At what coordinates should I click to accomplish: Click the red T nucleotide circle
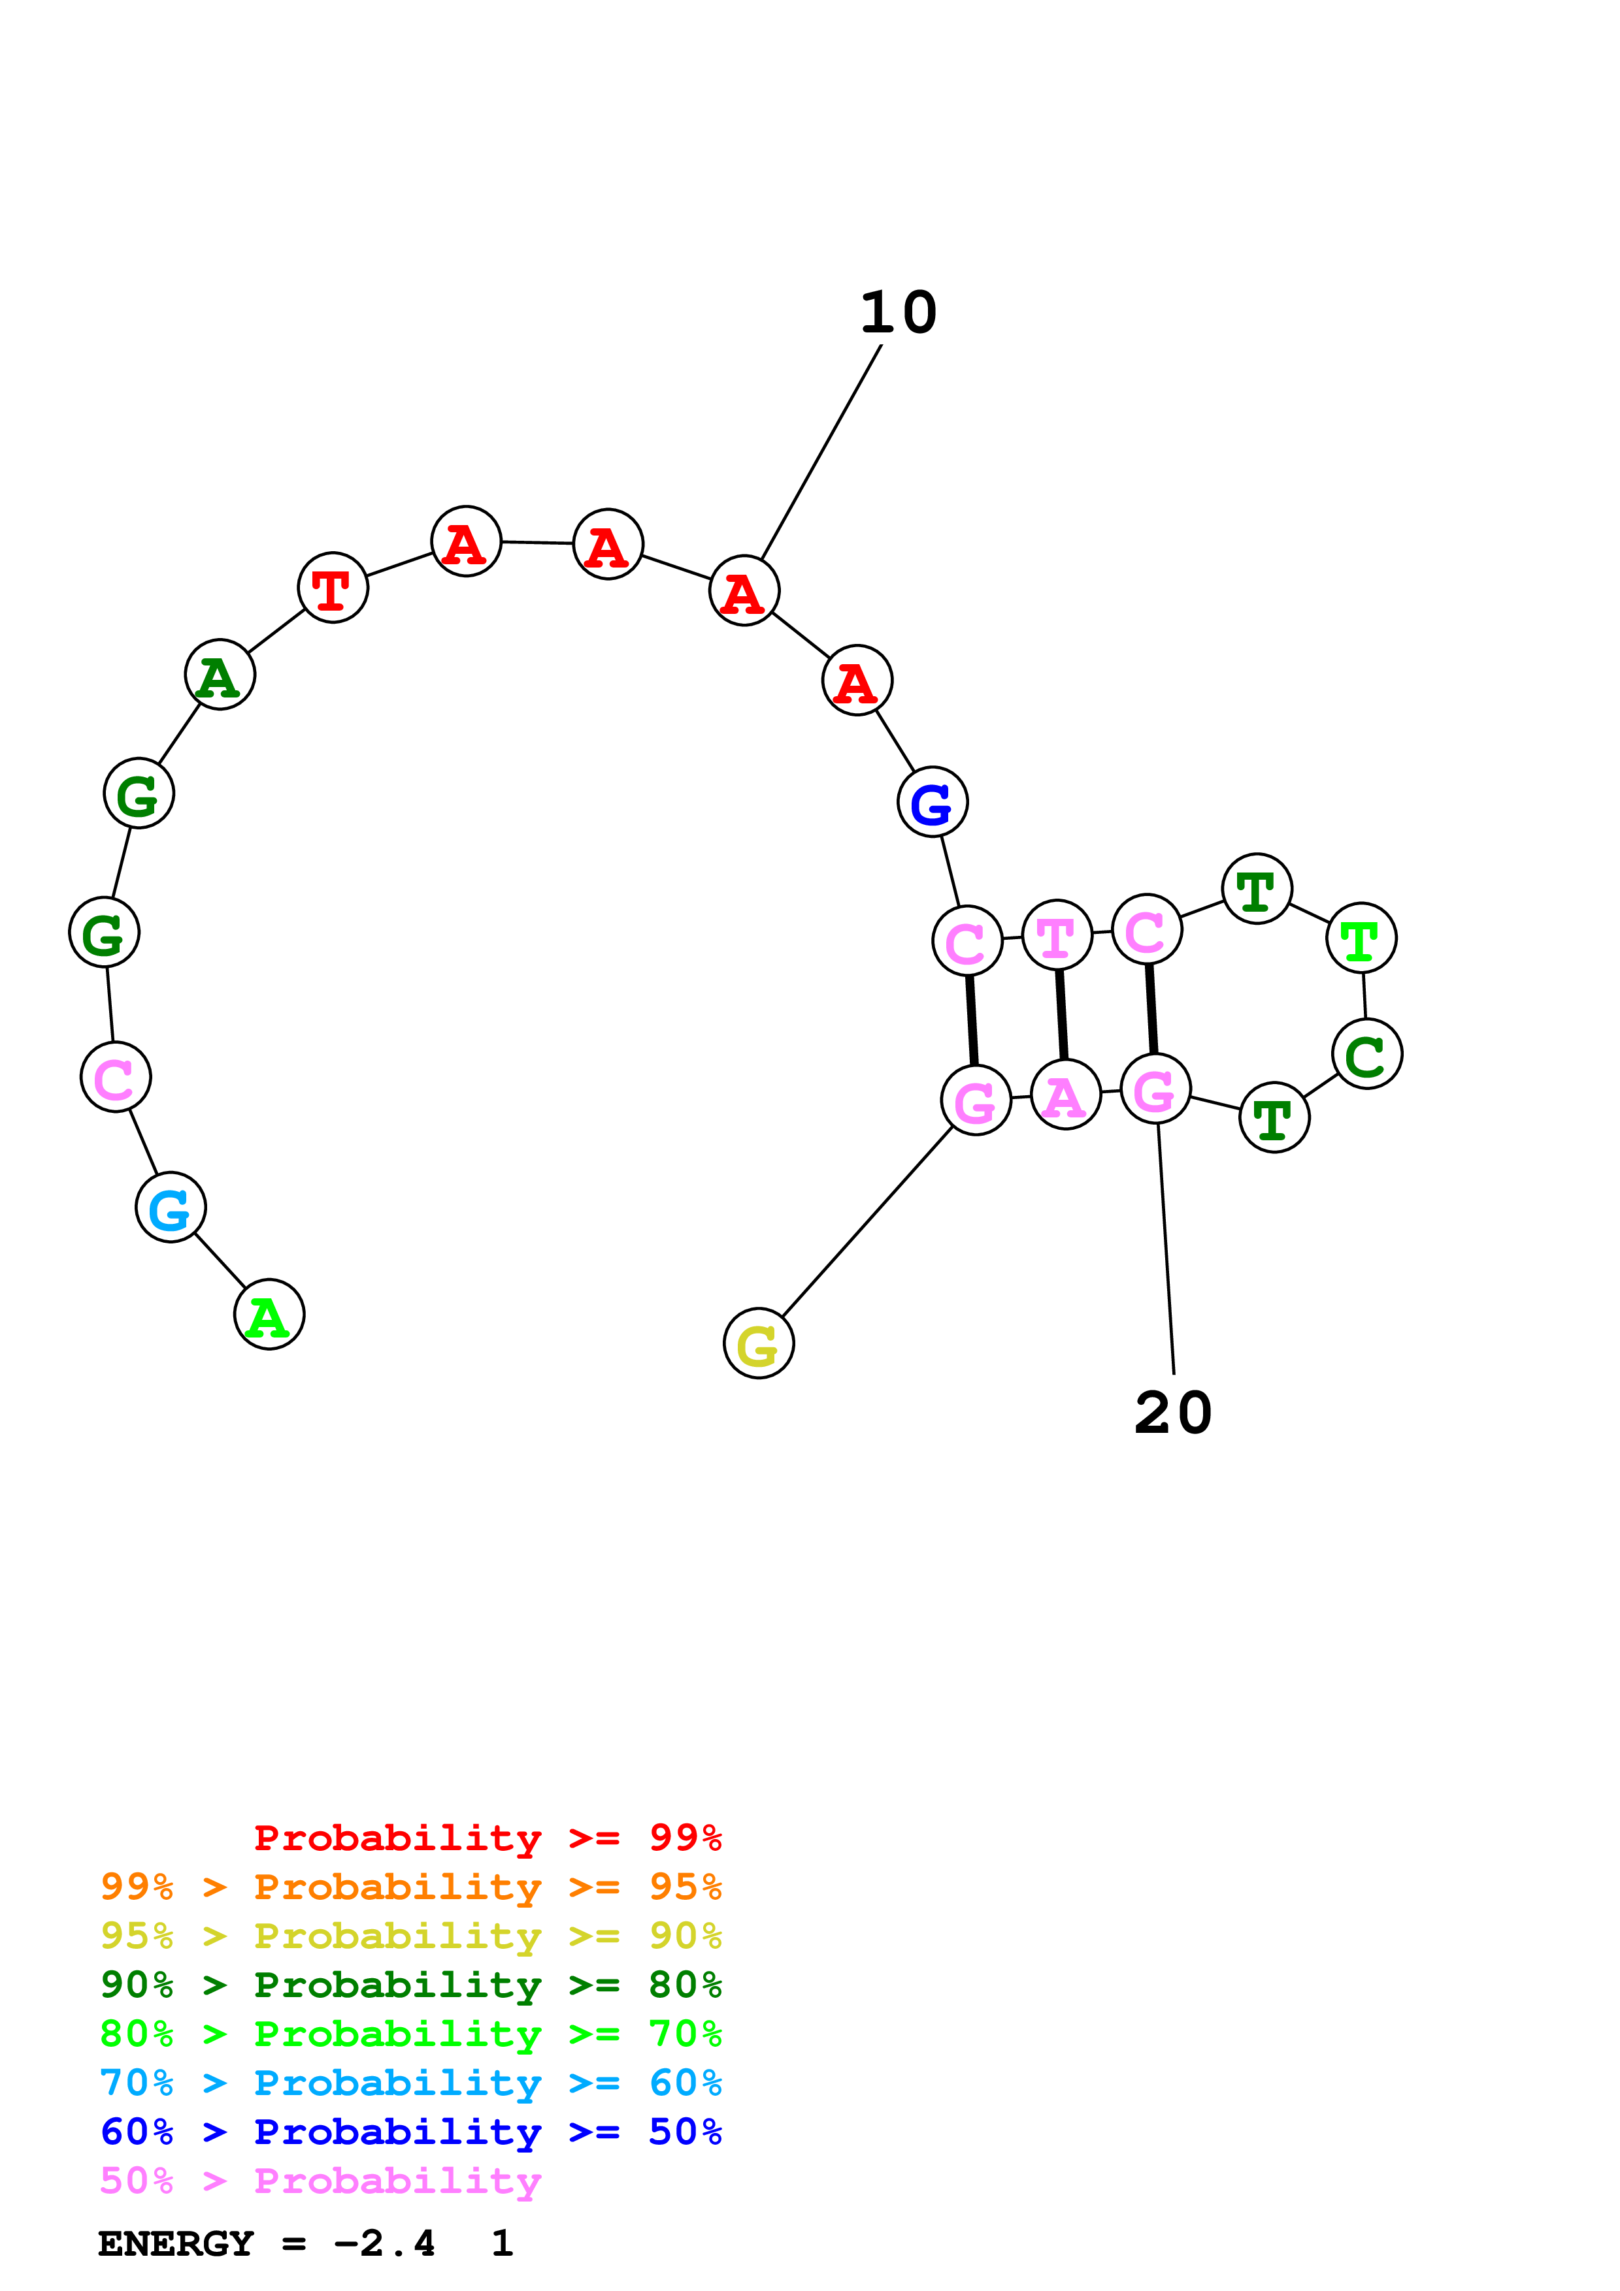tap(333, 588)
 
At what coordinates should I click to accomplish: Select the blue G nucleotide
tap(933, 802)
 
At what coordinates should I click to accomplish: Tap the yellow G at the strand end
tap(759, 1343)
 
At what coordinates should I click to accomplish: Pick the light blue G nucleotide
tap(171, 1208)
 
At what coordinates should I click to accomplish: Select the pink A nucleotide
tap(1065, 1095)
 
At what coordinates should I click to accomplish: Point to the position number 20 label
tap(1173, 1413)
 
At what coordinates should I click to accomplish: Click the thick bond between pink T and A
tap(1062, 1015)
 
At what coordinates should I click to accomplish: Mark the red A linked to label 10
tap(744, 591)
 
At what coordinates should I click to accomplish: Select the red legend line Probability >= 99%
tap(487, 1838)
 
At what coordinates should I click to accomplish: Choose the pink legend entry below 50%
tap(320, 2181)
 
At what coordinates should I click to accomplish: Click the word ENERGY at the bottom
tap(176, 2244)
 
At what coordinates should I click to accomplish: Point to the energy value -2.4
tap(384, 2244)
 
